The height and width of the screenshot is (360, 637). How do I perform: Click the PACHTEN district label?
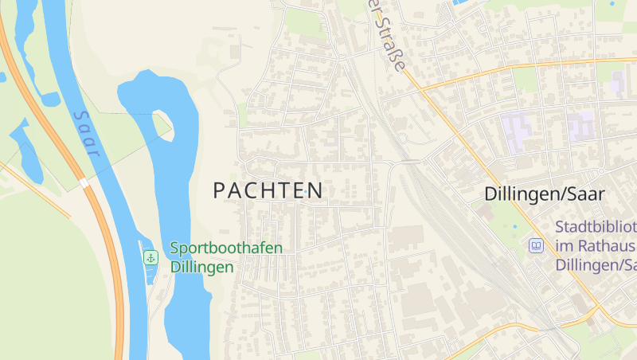point(268,190)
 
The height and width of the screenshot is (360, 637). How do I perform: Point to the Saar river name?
point(85,133)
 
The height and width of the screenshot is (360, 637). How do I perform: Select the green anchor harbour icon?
point(150,257)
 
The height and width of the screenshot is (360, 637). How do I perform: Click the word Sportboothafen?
point(226,248)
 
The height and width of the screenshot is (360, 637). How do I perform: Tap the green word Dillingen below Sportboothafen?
point(202,267)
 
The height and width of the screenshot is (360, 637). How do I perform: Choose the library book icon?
point(537,245)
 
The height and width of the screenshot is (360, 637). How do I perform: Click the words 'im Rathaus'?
point(595,245)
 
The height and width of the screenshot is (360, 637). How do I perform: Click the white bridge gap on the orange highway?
point(84,183)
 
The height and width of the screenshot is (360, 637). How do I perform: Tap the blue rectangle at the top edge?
point(459,2)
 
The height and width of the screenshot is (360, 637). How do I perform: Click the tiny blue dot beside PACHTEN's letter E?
point(306,192)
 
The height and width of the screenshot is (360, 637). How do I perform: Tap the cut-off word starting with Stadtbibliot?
point(596,226)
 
